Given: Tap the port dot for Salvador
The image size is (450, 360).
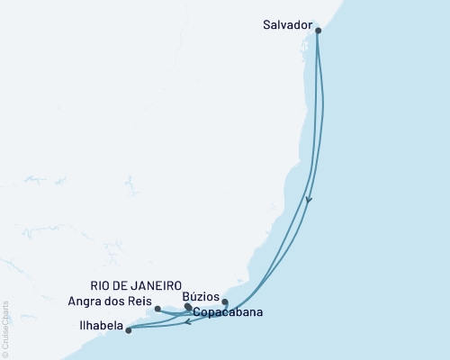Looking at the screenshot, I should (318, 31).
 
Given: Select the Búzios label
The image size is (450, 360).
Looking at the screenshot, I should (200, 295).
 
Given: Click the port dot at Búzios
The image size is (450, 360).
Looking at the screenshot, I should (225, 302).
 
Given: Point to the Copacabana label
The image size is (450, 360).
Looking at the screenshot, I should (222, 314).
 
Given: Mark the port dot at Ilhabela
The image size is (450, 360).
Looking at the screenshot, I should (129, 330).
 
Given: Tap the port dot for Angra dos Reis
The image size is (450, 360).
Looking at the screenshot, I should (157, 309).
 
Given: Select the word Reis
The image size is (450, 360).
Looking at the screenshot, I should (141, 301).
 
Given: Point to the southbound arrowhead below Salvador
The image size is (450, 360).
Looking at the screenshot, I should (309, 201).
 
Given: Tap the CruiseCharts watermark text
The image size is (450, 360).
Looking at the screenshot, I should (4, 325).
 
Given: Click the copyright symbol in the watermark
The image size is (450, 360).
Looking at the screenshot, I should (4, 353).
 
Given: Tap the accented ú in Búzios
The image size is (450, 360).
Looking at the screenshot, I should (193, 295).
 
